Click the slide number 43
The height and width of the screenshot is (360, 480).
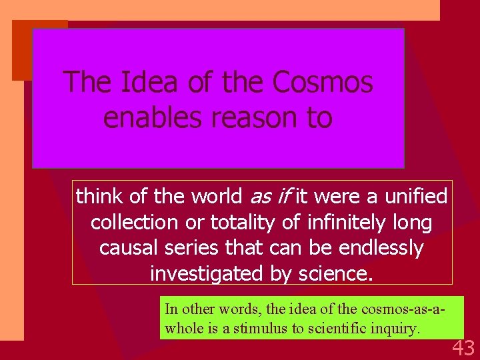point(463,347)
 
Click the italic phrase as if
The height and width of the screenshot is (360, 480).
point(271,197)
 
